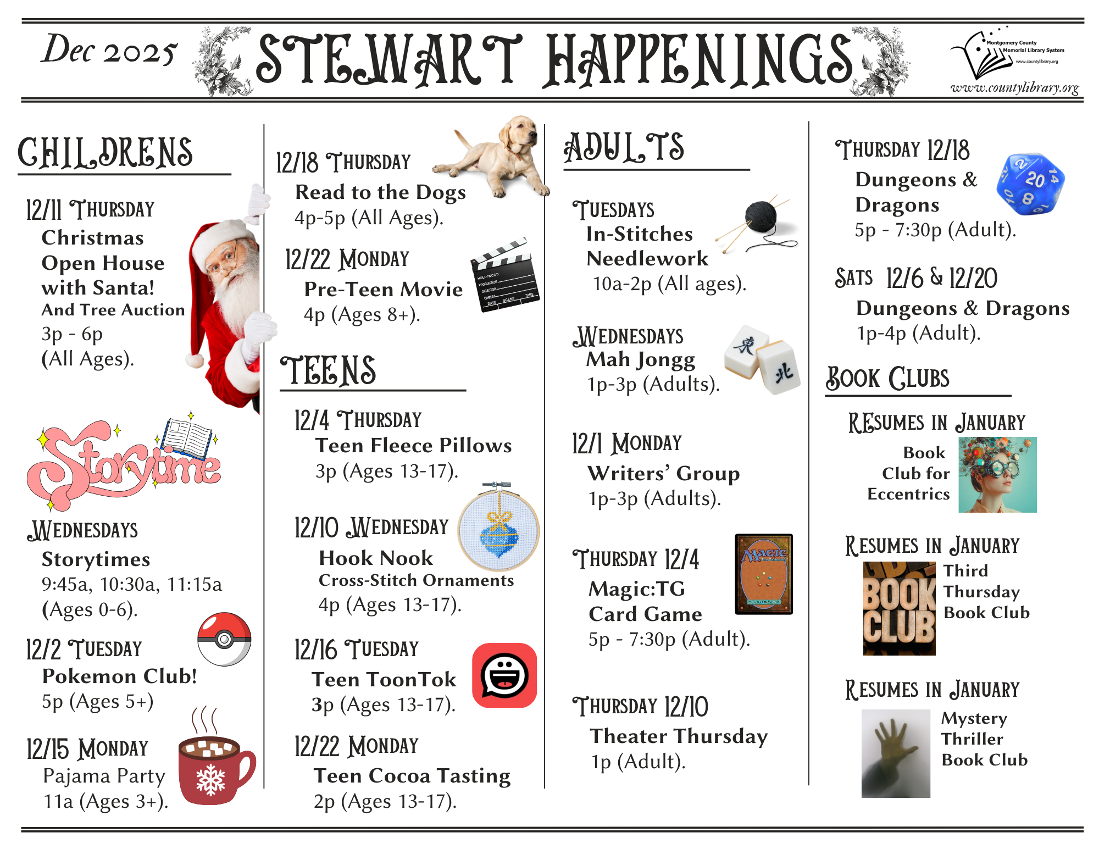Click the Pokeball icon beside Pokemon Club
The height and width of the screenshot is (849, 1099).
click(x=224, y=639)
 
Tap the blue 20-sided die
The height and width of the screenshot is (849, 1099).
click(x=1030, y=184)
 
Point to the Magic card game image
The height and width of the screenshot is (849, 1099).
click(x=764, y=574)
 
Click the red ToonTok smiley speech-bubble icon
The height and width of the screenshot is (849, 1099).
click(x=504, y=675)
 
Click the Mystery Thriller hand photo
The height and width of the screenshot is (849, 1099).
click(x=896, y=753)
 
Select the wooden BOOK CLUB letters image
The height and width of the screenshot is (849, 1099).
click(x=899, y=608)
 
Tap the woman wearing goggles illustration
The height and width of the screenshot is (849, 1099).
click(x=997, y=475)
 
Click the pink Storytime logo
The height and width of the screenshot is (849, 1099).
click(x=124, y=462)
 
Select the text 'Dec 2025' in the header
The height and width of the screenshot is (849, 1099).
click(x=109, y=50)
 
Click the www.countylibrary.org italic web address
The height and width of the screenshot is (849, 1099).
click(x=1014, y=87)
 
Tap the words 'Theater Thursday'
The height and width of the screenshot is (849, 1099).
click(x=679, y=736)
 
